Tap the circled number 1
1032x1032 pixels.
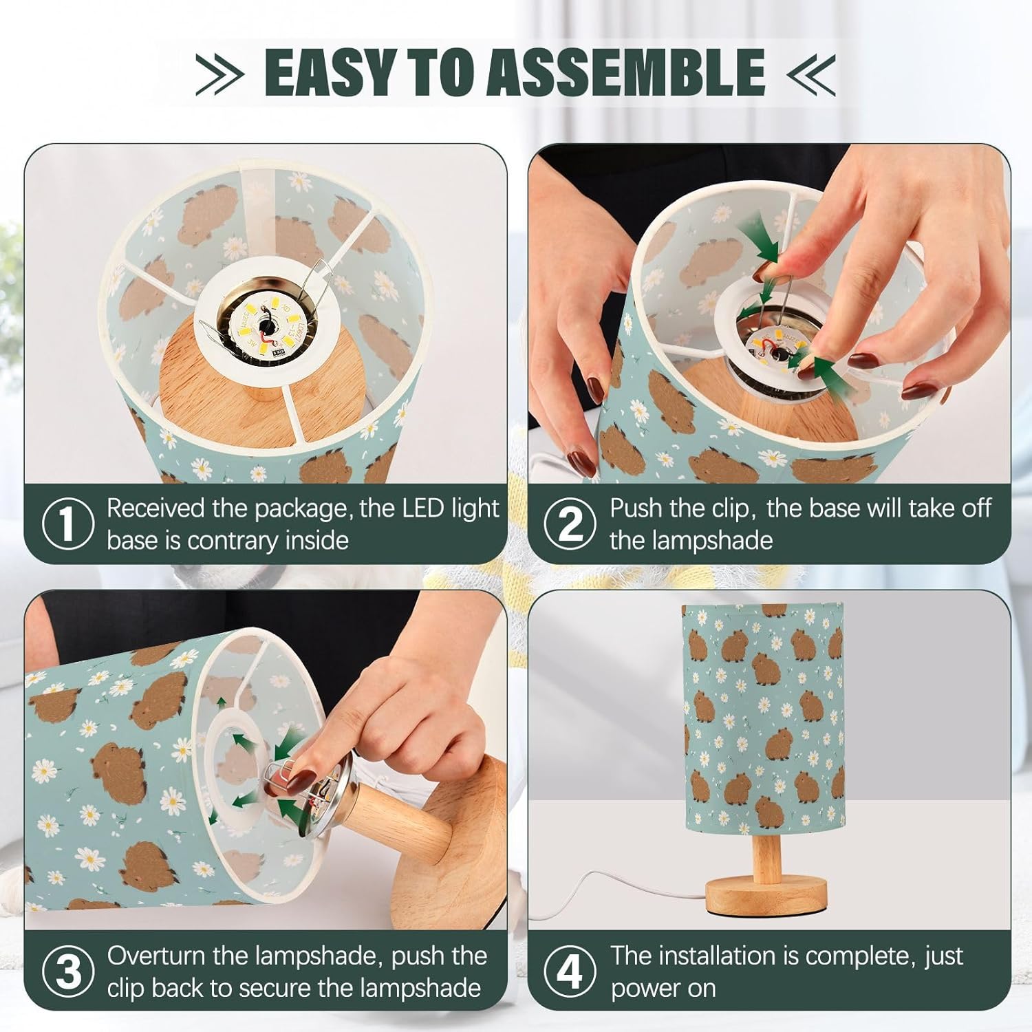[x=67, y=525]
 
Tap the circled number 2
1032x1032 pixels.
[x=570, y=525]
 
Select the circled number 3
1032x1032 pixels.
[x=67, y=973]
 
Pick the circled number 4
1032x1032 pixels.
[x=570, y=973]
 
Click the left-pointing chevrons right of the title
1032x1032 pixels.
[x=810, y=73]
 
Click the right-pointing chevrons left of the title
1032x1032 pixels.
[x=220, y=73]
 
